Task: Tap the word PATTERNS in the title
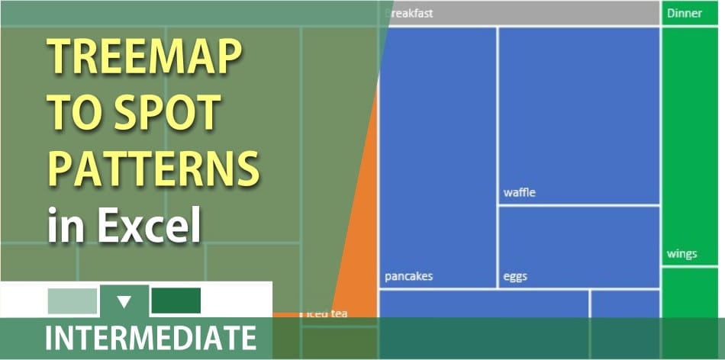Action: [153, 168]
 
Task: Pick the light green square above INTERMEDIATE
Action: [72, 301]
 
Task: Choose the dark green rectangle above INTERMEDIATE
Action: [176, 301]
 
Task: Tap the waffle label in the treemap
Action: [520, 193]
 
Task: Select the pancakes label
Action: [408, 276]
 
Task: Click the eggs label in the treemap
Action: [515, 276]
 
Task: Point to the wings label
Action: [681, 254]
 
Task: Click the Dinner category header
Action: [684, 13]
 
